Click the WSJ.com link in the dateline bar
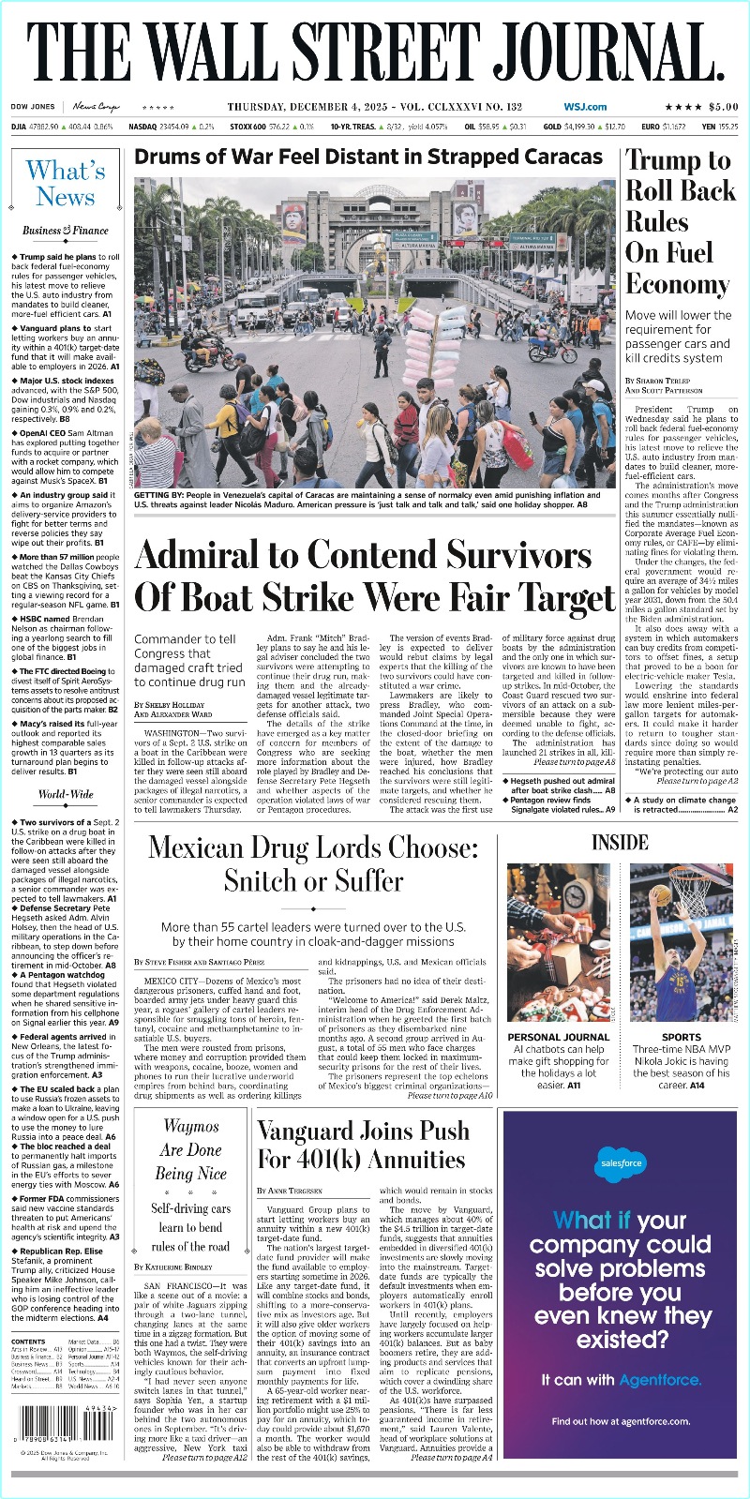coord(585,107)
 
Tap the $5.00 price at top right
coord(723,107)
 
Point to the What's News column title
coord(66,184)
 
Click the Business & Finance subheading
coord(66,231)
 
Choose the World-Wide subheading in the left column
coord(66,794)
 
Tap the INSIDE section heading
coord(620,842)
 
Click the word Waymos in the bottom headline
coord(191,1126)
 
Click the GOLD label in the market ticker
coord(552,127)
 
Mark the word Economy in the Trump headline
coord(677,284)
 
